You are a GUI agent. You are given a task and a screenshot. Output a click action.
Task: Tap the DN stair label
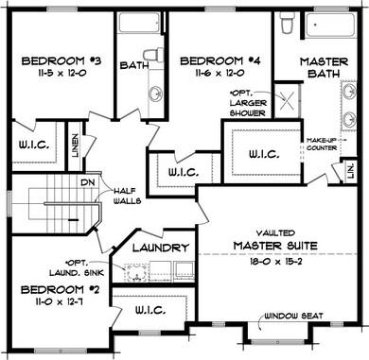(87, 181)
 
